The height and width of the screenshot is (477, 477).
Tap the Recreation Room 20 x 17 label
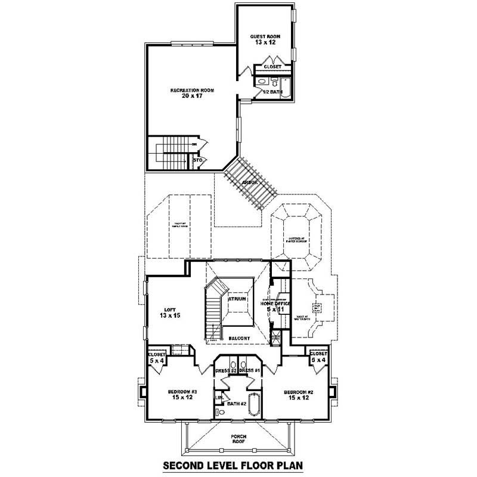(x=192, y=93)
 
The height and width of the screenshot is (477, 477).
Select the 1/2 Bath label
(x=272, y=92)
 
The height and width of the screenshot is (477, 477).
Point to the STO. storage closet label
(x=198, y=160)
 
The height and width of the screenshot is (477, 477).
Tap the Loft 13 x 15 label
(x=169, y=312)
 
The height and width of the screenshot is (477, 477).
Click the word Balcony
(x=239, y=338)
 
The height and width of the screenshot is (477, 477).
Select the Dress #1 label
(x=250, y=370)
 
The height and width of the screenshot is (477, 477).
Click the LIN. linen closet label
(x=218, y=398)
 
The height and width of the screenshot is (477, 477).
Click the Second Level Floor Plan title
(x=238, y=465)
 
